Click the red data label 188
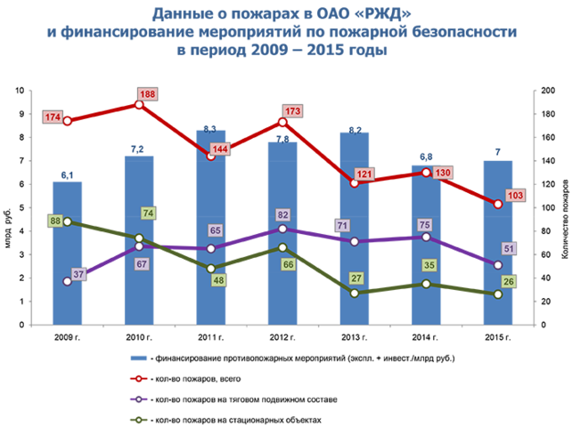click(148, 94)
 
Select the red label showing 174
click(53, 117)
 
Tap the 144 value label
click(220, 149)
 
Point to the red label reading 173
click(292, 111)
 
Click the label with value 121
click(364, 174)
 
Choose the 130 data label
click(443, 173)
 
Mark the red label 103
click(514, 196)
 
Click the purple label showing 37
click(78, 274)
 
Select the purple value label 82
click(282, 214)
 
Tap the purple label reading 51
click(510, 248)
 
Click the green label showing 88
click(55, 221)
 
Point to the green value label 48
click(219, 280)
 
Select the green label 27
click(356, 278)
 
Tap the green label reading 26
click(508, 282)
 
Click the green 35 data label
click(429, 265)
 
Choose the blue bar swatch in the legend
click(139, 358)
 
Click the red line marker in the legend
click(139, 379)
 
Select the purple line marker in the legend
click(139, 399)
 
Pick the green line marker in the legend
click(139, 420)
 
